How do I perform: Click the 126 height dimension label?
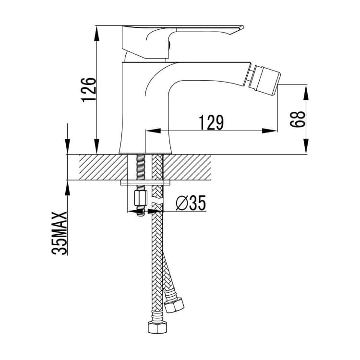click(x=88, y=90)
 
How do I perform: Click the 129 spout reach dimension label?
click(x=211, y=122)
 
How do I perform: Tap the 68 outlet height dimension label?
click(x=298, y=119)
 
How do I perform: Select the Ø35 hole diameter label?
click(x=191, y=203)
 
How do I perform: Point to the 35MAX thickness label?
click(x=59, y=233)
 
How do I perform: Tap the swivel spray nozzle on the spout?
click(x=264, y=80)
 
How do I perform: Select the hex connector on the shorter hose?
click(x=175, y=305)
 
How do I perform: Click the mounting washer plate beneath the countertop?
click(x=145, y=183)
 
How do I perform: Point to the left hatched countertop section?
click(x=103, y=167)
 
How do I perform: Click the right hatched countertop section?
click(x=187, y=167)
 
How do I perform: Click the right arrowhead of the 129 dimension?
click(x=270, y=131)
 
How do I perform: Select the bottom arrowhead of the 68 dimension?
click(x=306, y=146)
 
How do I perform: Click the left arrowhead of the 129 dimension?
click(x=153, y=131)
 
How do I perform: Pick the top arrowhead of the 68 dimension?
click(x=306, y=93)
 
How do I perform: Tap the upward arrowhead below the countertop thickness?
click(x=68, y=188)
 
